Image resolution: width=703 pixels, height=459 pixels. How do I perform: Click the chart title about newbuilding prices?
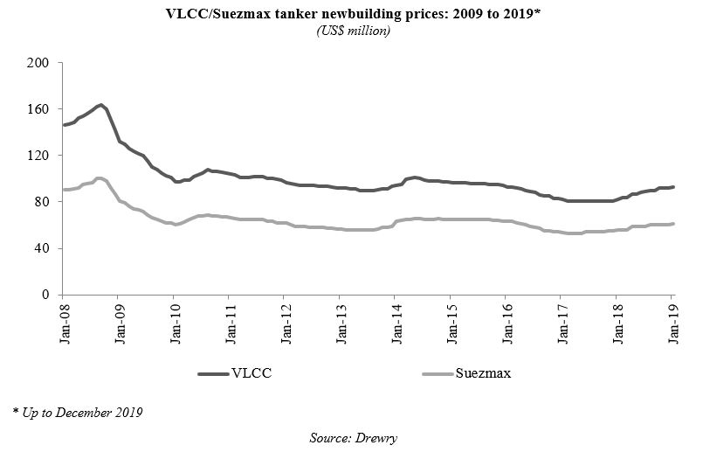click(x=351, y=15)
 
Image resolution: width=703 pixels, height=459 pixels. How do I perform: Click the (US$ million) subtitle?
click(x=351, y=31)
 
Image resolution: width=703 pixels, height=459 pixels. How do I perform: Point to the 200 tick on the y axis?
click(x=39, y=63)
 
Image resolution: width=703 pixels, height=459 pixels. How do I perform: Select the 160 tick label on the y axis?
click(x=39, y=109)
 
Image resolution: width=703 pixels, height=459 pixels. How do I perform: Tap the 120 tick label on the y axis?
click(x=39, y=156)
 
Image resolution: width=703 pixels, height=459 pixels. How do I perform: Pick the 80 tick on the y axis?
click(x=43, y=202)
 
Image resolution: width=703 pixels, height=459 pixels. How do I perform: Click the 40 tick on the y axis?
click(x=43, y=248)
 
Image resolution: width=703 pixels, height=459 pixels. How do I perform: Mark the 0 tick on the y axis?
click(x=46, y=295)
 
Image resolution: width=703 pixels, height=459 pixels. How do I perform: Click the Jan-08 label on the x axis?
click(x=64, y=323)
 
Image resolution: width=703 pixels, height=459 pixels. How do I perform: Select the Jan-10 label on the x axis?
click(x=175, y=323)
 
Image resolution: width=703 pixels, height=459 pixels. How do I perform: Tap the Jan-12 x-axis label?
click(x=285, y=323)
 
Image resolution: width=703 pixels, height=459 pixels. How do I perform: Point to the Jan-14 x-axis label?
click(x=396, y=323)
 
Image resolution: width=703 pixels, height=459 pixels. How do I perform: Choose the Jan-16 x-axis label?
click(x=507, y=323)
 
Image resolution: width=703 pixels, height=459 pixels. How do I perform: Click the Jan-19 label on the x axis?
click(x=672, y=323)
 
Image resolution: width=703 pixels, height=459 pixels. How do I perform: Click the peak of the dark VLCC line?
click(x=101, y=105)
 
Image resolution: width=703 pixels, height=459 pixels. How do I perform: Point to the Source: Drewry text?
click(x=351, y=435)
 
